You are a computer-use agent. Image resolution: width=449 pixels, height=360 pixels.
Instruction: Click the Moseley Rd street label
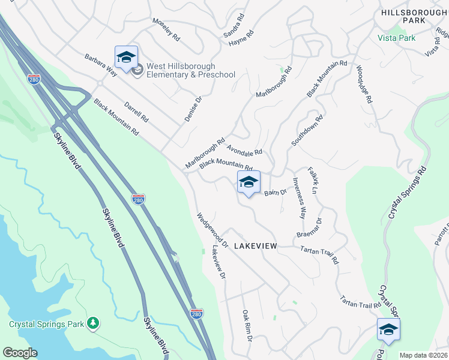(x=166, y=29)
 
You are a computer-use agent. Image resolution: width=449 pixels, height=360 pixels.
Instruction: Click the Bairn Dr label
(x=276, y=191)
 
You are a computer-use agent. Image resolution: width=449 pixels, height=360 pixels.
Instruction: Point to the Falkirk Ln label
(x=313, y=180)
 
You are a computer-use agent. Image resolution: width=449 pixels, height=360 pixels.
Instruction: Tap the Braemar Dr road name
(x=310, y=228)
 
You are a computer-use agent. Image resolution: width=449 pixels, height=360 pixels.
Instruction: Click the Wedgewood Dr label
(x=212, y=229)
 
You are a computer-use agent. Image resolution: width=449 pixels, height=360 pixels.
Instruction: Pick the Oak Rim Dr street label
(x=246, y=325)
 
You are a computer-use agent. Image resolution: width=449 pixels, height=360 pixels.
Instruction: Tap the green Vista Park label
(x=396, y=37)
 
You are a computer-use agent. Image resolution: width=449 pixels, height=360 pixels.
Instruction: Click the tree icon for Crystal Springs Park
(x=92, y=324)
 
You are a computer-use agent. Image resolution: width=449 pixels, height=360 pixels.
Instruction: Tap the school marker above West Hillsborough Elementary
(x=126, y=58)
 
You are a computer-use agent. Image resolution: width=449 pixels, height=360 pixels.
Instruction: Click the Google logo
(x=20, y=353)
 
